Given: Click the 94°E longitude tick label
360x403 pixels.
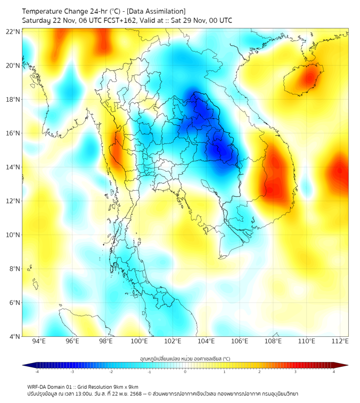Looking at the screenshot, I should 39,342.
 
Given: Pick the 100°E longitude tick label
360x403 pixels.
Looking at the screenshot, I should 140,342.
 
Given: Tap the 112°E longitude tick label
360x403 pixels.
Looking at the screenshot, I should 340,342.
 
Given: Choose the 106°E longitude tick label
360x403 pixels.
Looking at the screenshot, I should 240,342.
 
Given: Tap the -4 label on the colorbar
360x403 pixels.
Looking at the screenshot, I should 37,372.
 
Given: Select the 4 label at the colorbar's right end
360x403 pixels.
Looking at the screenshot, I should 333,372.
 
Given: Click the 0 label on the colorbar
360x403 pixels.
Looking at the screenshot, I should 185,372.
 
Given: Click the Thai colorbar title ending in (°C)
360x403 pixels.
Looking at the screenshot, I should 185,358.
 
